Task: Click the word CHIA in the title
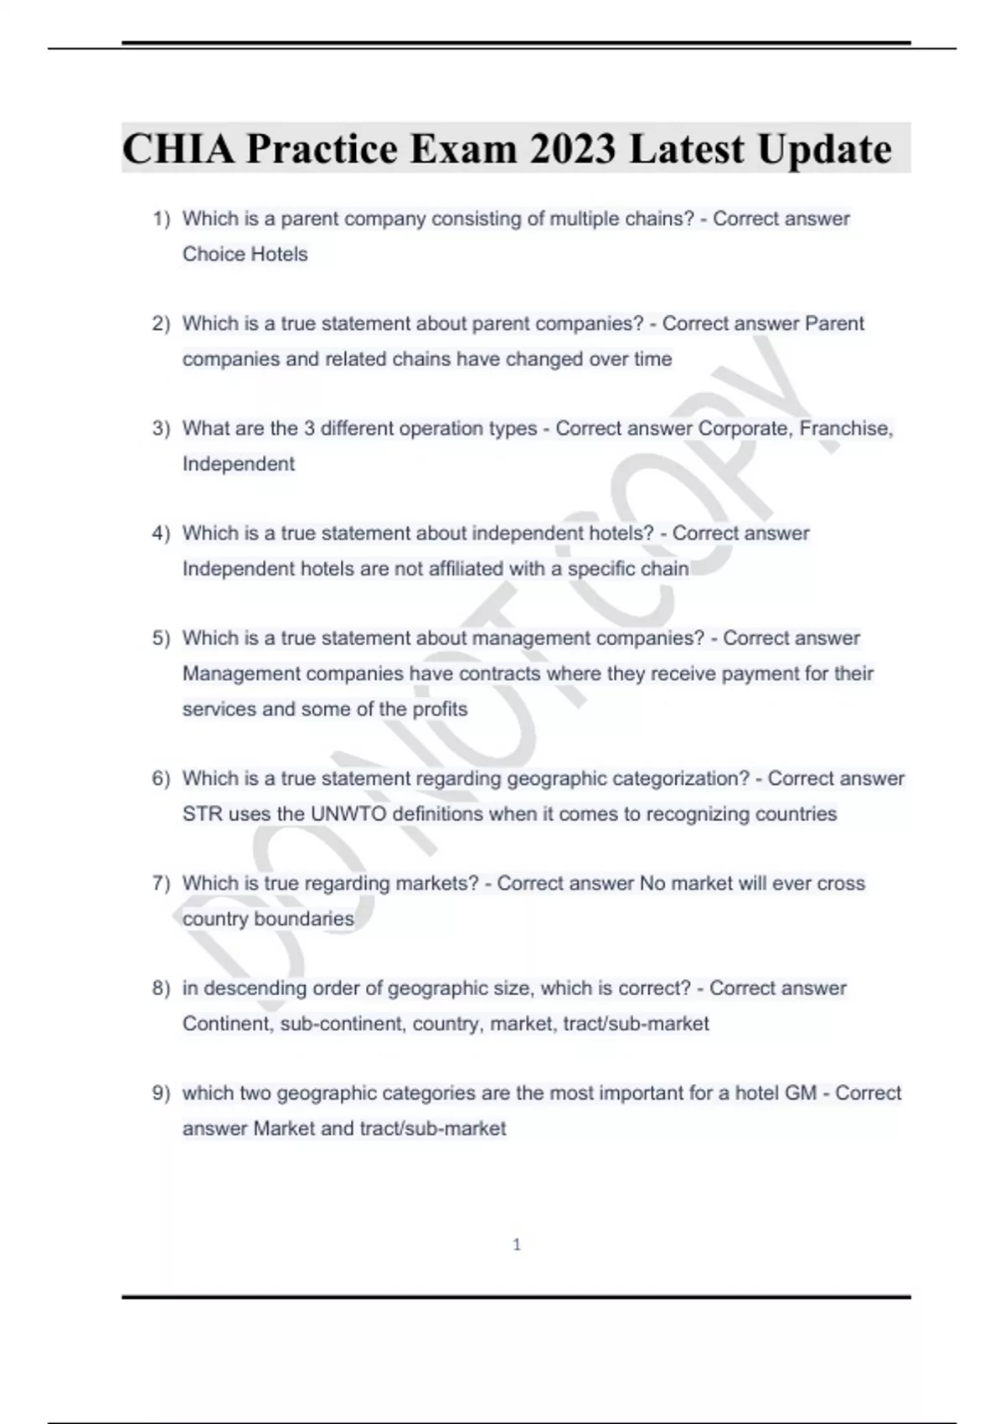(x=177, y=149)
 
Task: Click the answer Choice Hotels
(x=245, y=254)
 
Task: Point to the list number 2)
(x=161, y=323)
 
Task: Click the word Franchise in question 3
(x=844, y=428)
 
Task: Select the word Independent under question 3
(x=239, y=464)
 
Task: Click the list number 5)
(x=161, y=638)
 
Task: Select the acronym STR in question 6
(x=202, y=814)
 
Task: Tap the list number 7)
(x=161, y=883)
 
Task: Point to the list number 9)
(x=161, y=1093)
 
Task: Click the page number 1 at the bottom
(x=517, y=1245)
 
